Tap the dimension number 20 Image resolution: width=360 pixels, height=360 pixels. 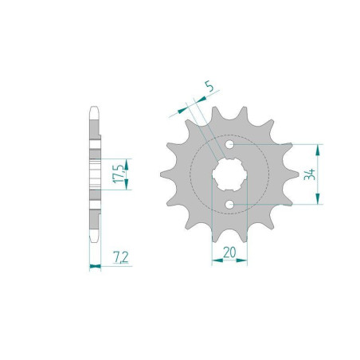point(229,252)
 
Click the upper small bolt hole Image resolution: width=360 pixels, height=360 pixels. point(230,147)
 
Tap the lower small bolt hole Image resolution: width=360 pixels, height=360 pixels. point(230,205)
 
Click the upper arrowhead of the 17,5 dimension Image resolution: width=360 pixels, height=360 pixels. point(126,160)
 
